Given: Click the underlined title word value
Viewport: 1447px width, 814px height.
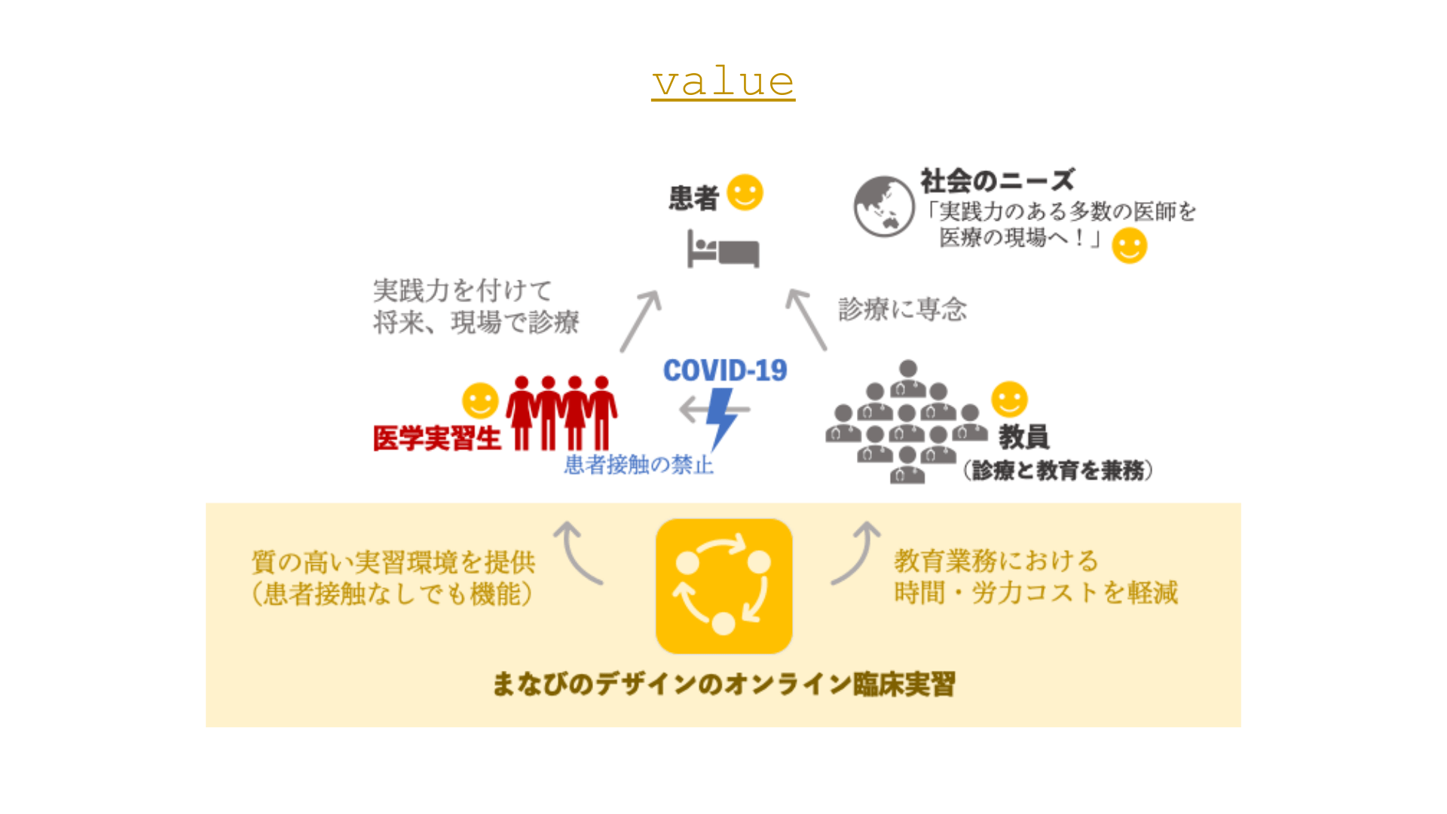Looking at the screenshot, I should [723, 81].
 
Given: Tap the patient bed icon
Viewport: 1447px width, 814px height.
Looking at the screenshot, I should [723, 249].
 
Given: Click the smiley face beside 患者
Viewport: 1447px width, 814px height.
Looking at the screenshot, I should [745, 193].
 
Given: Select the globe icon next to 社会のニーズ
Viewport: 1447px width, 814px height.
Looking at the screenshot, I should [884, 207].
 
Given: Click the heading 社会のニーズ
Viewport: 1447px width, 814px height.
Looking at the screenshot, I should [997, 181].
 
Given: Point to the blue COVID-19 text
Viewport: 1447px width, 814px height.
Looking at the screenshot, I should [725, 370].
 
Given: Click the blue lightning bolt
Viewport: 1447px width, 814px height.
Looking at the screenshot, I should [721, 417].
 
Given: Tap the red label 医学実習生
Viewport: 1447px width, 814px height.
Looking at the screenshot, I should [437, 438].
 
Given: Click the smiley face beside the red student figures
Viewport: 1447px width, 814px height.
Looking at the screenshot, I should [480, 400].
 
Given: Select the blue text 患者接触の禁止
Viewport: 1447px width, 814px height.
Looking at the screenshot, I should [639, 464].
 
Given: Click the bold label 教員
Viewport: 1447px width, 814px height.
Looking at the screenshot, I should [1023, 436].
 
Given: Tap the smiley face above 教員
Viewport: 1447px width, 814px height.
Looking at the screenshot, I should [1009, 399].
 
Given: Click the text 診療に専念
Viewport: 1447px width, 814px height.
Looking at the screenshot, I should [902, 309].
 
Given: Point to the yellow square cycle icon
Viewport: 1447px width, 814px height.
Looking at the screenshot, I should [723, 586].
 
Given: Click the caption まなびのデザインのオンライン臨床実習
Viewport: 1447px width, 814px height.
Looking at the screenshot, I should [723, 684].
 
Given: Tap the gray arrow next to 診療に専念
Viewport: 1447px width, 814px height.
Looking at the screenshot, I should [806, 320].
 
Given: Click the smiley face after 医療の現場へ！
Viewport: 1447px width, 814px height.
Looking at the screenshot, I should [1129, 246].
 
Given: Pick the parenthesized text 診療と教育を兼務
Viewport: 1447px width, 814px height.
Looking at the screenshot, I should [1057, 470].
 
